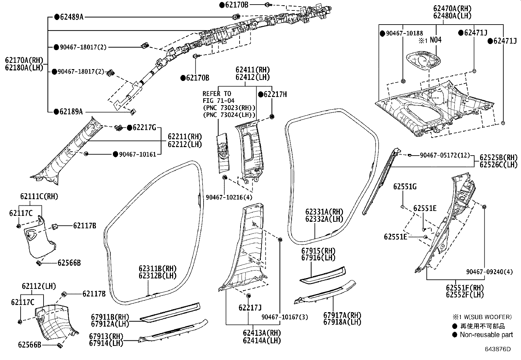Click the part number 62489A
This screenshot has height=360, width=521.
coord(71,17)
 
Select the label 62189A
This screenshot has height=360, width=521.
coord(71,112)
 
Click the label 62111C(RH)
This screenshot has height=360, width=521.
coord(39,197)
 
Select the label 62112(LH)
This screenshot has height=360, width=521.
coord(39,286)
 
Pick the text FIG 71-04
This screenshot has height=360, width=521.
coord(219,101)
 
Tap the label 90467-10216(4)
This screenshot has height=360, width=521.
coord(229,197)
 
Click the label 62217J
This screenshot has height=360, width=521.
coord(250,308)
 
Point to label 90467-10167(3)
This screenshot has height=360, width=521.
coord(285,317)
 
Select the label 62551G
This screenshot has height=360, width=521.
coord(405,187)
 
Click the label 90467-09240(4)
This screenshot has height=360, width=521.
coord(490,272)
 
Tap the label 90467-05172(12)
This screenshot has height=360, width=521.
coord(445,155)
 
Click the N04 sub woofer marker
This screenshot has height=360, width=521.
coord(435,40)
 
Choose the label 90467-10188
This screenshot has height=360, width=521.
coord(404,33)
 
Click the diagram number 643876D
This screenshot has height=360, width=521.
coord(498,349)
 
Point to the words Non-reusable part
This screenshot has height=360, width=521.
coord(486,335)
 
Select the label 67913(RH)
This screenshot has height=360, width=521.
coord(106,336)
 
